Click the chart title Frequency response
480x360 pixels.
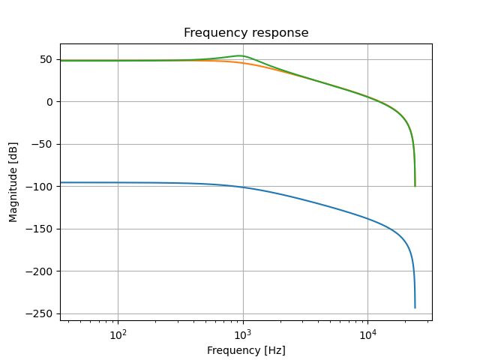pos(246,33)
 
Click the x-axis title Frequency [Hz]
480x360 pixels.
pos(246,350)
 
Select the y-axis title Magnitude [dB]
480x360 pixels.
pos(13,182)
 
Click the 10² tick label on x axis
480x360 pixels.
pos(118,334)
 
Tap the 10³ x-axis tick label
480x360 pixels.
pos(242,334)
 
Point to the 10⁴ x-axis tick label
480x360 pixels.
pos(367,334)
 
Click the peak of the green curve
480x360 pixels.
pos(240,55)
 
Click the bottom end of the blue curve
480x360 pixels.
pos(415,307)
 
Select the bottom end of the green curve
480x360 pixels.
pos(415,185)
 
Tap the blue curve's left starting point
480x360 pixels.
pos(61,182)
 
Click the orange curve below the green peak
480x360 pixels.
pos(240,62)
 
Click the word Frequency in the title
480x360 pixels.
pos(214,33)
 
